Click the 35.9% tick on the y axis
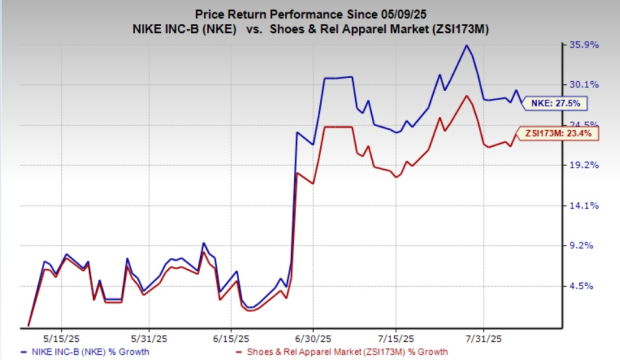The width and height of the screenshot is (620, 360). coord(584,45)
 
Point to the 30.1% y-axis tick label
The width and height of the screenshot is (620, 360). coord(584,84)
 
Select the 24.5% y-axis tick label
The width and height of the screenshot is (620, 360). coord(584,125)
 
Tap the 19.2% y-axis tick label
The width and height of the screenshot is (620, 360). coord(584,165)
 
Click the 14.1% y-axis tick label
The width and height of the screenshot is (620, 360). coord(584,205)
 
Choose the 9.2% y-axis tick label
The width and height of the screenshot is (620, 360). coord(584,245)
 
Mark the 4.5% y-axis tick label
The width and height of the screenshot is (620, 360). coord(584,286)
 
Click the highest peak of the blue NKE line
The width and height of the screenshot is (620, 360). coord(465,46)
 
